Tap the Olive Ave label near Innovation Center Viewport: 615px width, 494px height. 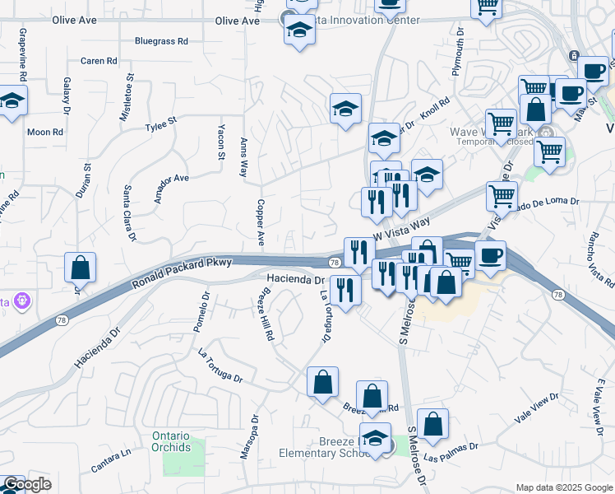(238, 21)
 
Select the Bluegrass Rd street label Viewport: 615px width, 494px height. (161, 40)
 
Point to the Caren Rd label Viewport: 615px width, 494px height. (99, 61)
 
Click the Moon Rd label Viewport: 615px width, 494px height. (45, 132)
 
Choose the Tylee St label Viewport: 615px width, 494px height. (161, 123)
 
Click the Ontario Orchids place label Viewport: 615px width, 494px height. (171, 441)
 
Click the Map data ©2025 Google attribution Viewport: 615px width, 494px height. (563, 487)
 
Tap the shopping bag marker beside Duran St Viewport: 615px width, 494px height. (80, 268)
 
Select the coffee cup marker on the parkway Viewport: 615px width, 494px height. (490, 255)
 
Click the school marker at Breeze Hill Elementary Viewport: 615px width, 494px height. (376, 438)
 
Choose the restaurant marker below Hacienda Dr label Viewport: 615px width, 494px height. (345, 290)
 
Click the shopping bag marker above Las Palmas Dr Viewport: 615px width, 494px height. (432, 425)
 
